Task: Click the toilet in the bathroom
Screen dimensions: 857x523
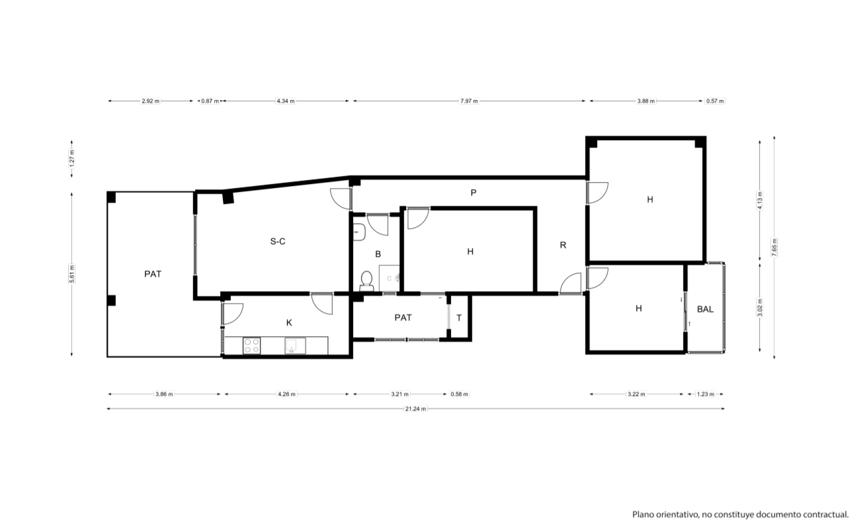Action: point(366,281)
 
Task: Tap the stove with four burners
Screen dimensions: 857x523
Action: point(252,346)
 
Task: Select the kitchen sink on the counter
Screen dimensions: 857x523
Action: point(296,346)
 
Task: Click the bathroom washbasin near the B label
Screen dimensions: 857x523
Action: point(359,232)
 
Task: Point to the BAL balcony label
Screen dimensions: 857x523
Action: point(705,309)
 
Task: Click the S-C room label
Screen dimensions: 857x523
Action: point(278,242)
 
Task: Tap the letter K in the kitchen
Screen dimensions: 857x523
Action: point(289,322)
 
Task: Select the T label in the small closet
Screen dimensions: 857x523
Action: point(459,318)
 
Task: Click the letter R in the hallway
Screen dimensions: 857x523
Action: point(563,245)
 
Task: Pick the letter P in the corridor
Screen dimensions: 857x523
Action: point(473,193)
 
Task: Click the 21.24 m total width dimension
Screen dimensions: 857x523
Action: point(415,409)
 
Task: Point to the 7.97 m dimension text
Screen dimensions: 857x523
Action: point(469,101)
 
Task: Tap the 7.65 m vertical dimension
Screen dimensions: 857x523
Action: point(774,248)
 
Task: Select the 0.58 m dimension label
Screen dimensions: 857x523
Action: point(459,395)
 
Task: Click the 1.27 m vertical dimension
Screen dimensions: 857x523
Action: point(72,159)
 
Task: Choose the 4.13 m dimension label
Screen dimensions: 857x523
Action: point(760,201)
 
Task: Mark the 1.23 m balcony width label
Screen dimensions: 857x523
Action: point(705,395)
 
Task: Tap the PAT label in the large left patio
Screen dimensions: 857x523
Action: point(153,274)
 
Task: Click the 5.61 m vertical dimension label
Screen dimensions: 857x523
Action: point(72,274)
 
